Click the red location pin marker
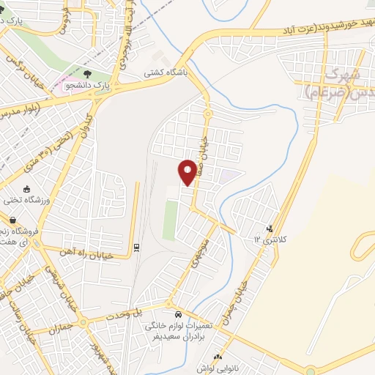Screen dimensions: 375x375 tap(187, 171)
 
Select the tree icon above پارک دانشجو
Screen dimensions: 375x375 tap(87, 73)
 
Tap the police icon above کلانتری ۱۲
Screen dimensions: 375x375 tap(270, 228)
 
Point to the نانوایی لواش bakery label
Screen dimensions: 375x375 tap(212, 368)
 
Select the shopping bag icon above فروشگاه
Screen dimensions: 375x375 tap(12, 219)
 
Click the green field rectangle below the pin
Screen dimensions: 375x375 tap(170, 220)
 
